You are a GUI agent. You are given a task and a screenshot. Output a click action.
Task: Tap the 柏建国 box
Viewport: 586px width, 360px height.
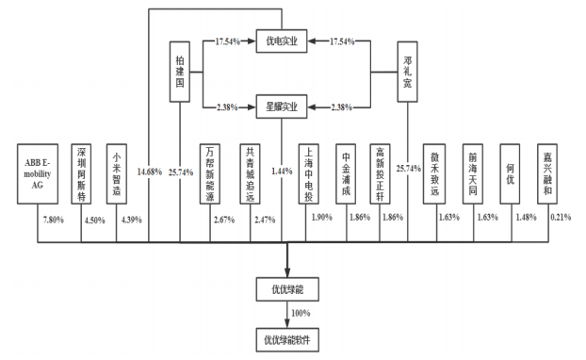coord(179,72)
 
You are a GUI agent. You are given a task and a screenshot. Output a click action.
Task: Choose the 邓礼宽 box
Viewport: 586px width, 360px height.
coord(407,72)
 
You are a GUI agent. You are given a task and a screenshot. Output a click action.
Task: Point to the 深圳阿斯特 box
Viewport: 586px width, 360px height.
coord(83,173)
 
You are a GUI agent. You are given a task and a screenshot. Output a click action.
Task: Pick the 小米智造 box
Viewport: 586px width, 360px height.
coord(117,173)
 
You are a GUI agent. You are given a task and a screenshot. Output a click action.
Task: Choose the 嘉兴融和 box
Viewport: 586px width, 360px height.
coord(546,173)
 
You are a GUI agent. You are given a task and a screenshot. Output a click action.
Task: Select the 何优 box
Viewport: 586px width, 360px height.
coord(510,173)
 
